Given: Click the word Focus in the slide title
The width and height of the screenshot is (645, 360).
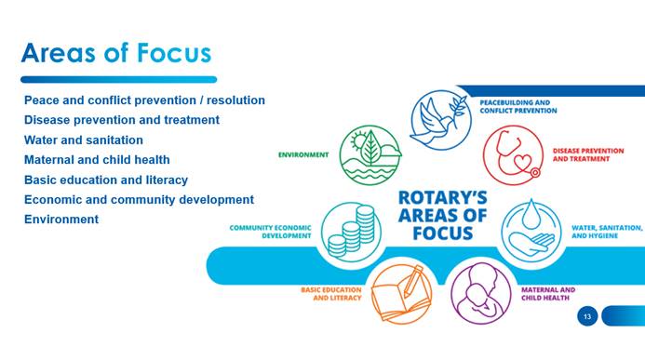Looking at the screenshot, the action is pyautogui.click(x=174, y=53).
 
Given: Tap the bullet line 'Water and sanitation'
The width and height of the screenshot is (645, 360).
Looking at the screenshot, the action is pyautogui.click(x=84, y=140).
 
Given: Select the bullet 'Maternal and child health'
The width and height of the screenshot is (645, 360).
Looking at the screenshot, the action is pyautogui.click(x=97, y=160).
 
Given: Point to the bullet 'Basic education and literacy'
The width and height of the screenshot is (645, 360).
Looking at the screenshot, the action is pyautogui.click(x=106, y=180).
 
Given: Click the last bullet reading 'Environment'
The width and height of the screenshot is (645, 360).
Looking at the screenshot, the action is pyautogui.click(x=61, y=220).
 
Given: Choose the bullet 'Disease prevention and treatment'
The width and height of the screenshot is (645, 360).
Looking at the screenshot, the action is pyautogui.click(x=122, y=120).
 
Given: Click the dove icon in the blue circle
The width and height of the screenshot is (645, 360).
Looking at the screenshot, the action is pyautogui.click(x=440, y=120).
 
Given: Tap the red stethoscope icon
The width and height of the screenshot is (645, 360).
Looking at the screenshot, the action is pyautogui.click(x=513, y=155).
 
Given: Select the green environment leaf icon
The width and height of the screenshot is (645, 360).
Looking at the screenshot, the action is pyautogui.click(x=370, y=155).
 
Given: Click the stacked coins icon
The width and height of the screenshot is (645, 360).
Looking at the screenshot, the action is pyautogui.click(x=351, y=232).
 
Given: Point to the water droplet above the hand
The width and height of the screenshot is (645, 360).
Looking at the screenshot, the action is pyautogui.click(x=531, y=214).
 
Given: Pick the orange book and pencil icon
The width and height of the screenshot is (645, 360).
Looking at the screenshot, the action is pyautogui.click(x=401, y=293).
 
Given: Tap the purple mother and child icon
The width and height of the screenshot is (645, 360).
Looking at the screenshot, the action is pyautogui.click(x=481, y=293).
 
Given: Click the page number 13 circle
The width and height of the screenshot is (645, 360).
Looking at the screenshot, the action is pyautogui.click(x=587, y=316).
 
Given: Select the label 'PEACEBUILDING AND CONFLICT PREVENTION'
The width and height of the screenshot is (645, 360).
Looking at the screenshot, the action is pyautogui.click(x=518, y=106).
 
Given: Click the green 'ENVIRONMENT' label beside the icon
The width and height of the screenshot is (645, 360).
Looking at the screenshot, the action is pyautogui.click(x=303, y=155).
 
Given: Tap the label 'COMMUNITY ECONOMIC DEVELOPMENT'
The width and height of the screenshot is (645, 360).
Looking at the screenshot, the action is pyautogui.click(x=270, y=232).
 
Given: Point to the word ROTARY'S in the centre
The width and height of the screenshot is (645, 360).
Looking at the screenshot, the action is pyautogui.click(x=443, y=197).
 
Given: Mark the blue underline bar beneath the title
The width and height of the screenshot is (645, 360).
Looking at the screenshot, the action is pyautogui.click(x=119, y=80).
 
